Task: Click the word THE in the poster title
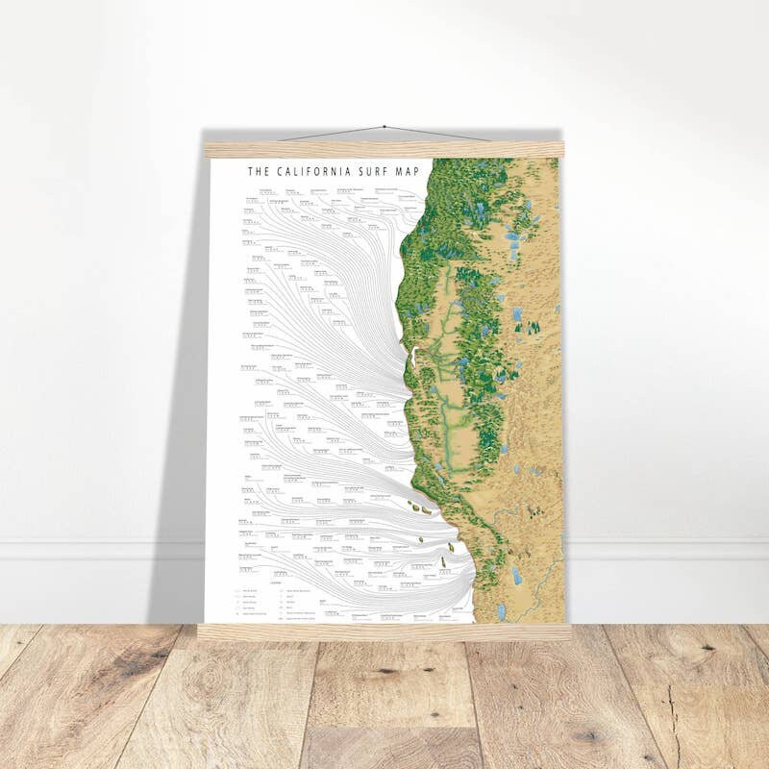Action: tap(256, 172)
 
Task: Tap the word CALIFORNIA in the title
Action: tap(310, 172)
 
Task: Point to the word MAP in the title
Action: tap(409, 172)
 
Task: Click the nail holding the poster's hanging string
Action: tap(384, 127)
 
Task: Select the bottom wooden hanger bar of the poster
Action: tap(384, 632)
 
